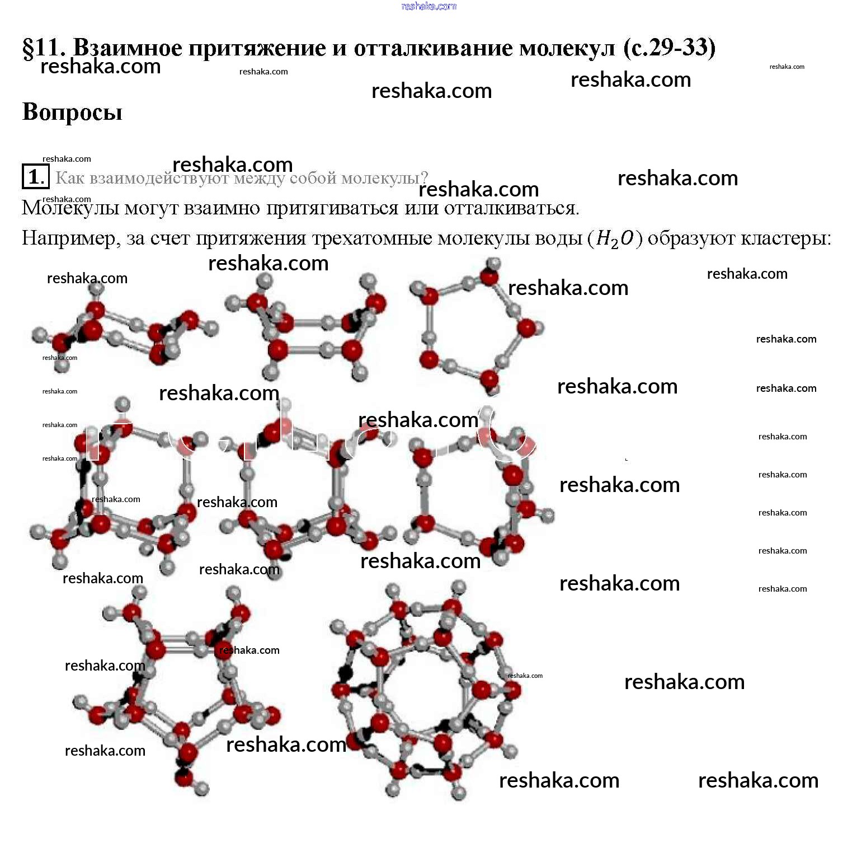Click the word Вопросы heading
click(x=72, y=112)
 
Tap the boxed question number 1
click(x=35, y=177)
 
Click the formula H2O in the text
click(x=615, y=239)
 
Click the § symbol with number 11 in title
click(x=44, y=48)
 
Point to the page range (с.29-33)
click(x=669, y=48)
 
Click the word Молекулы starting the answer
click(x=70, y=208)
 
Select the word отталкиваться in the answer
click(x=511, y=208)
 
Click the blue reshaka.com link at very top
click(x=429, y=6)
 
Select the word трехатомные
click(x=371, y=239)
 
